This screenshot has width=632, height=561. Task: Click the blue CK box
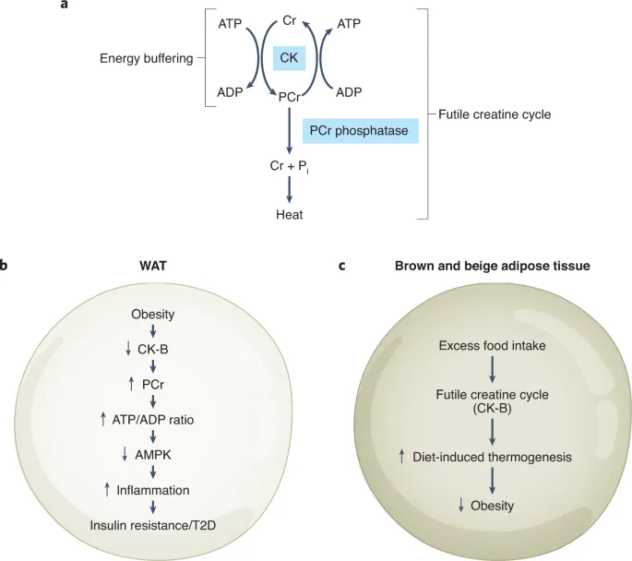(291, 59)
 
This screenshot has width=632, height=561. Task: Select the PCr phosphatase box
(360, 131)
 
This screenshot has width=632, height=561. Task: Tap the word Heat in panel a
(290, 215)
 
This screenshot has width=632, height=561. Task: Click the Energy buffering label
(146, 59)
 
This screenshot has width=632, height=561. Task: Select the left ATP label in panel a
(231, 23)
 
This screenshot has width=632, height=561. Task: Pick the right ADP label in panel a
(349, 92)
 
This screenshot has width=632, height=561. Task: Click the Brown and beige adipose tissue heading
(493, 266)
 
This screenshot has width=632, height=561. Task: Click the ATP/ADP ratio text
(159, 420)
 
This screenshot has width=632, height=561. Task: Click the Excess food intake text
(492, 346)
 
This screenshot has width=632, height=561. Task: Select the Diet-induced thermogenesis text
(499, 457)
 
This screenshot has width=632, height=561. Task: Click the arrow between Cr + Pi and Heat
(291, 189)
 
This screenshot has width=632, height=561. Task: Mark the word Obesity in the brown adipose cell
(492, 506)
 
